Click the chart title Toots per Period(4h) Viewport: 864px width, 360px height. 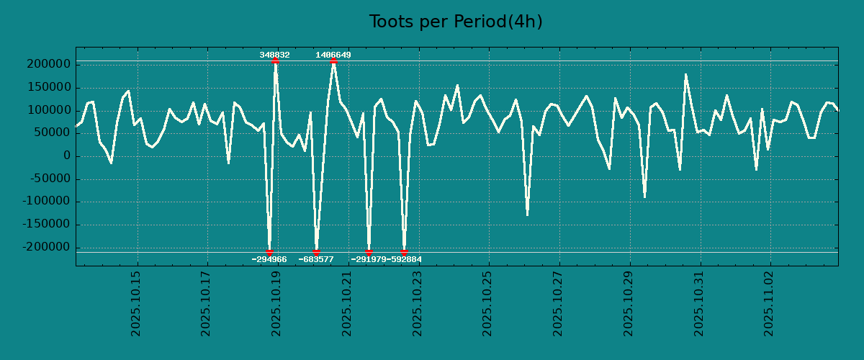click(456, 22)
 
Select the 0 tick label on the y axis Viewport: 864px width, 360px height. click(67, 156)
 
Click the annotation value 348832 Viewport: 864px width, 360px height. click(275, 55)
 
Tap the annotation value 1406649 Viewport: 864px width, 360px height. click(333, 55)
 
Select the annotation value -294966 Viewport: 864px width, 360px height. click(269, 259)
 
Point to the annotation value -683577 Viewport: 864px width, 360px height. click(316, 259)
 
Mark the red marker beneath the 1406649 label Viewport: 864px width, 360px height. click(333, 61)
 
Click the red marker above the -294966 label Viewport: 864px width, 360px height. click(269, 252)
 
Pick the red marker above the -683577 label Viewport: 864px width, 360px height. click(316, 252)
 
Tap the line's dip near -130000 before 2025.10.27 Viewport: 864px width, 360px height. click(527, 215)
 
